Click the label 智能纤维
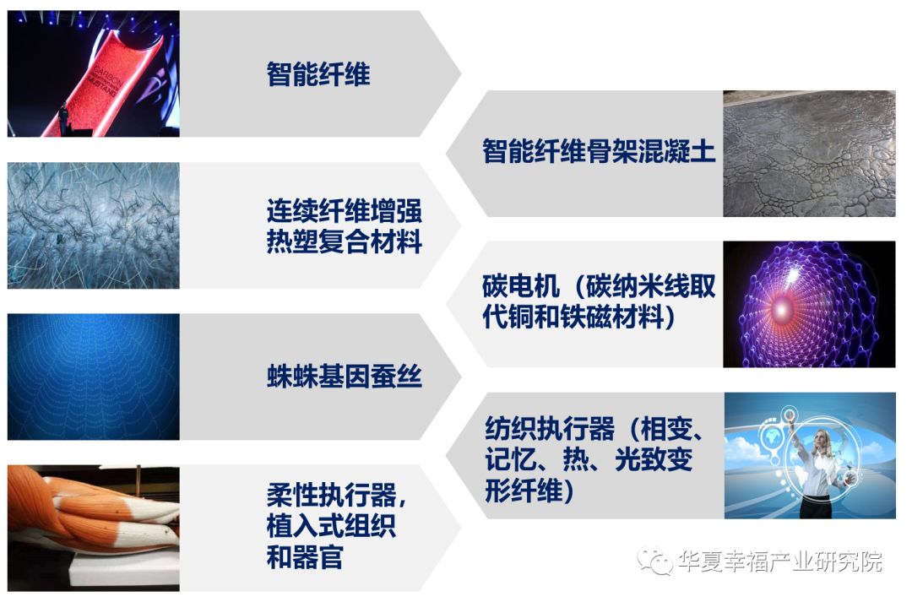(318, 75)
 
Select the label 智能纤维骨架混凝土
(599, 153)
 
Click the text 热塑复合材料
(344, 243)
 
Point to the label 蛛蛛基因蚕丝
(344, 377)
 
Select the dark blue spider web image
(93, 377)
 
